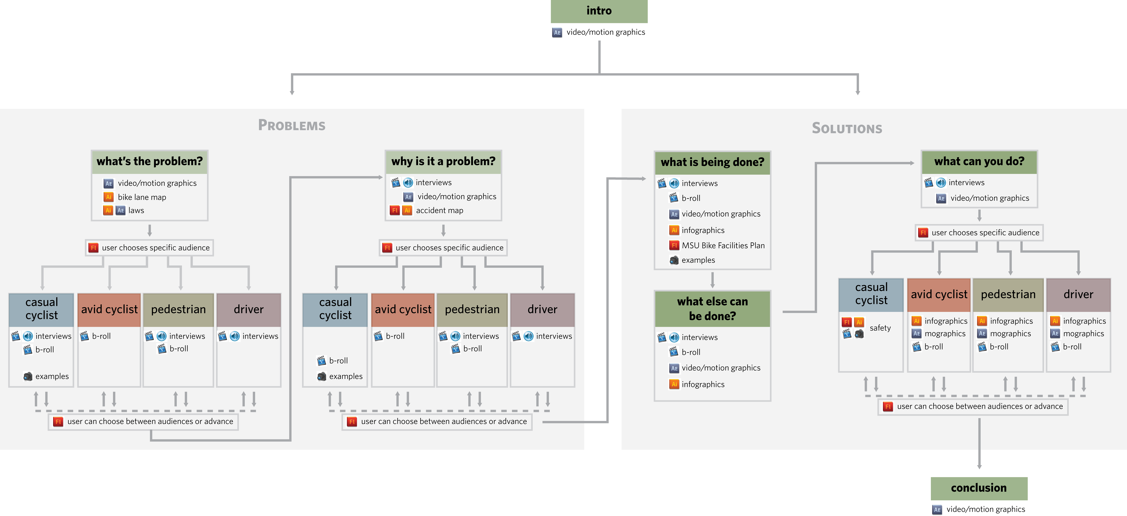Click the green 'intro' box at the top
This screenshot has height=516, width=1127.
tap(599, 11)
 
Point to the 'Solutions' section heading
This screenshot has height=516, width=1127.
tap(847, 128)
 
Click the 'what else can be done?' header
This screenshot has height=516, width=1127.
tap(712, 309)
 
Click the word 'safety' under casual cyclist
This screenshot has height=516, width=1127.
tap(880, 328)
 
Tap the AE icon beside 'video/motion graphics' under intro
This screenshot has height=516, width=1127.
tap(557, 32)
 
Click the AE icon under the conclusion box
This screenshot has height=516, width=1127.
tap(937, 509)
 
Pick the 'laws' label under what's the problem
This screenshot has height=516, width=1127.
tap(136, 210)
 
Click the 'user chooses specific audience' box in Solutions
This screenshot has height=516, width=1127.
tap(979, 233)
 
